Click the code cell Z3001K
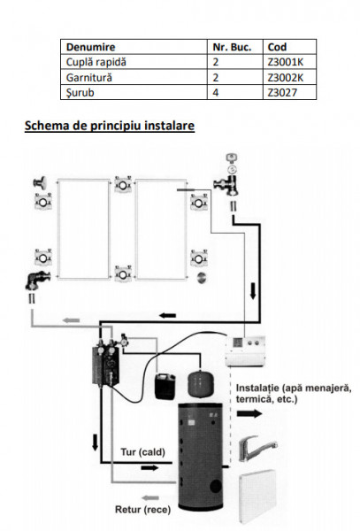coord(285,62)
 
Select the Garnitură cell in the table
coord(89,78)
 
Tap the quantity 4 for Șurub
coord(216,92)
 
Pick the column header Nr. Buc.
coord(232,47)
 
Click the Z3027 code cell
coord(282,92)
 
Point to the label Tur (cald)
coord(142,452)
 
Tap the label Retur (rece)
coord(142,510)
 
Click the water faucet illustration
coord(257,449)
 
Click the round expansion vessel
coord(200,384)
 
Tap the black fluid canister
coord(165,386)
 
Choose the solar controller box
coord(245,351)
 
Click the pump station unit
coord(105,364)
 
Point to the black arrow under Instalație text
coord(249,413)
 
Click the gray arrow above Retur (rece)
coord(150,497)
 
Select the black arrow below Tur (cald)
coord(149,468)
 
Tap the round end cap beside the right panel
coord(202,277)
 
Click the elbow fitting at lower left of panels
coord(37,281)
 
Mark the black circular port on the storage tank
coord(216,487)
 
